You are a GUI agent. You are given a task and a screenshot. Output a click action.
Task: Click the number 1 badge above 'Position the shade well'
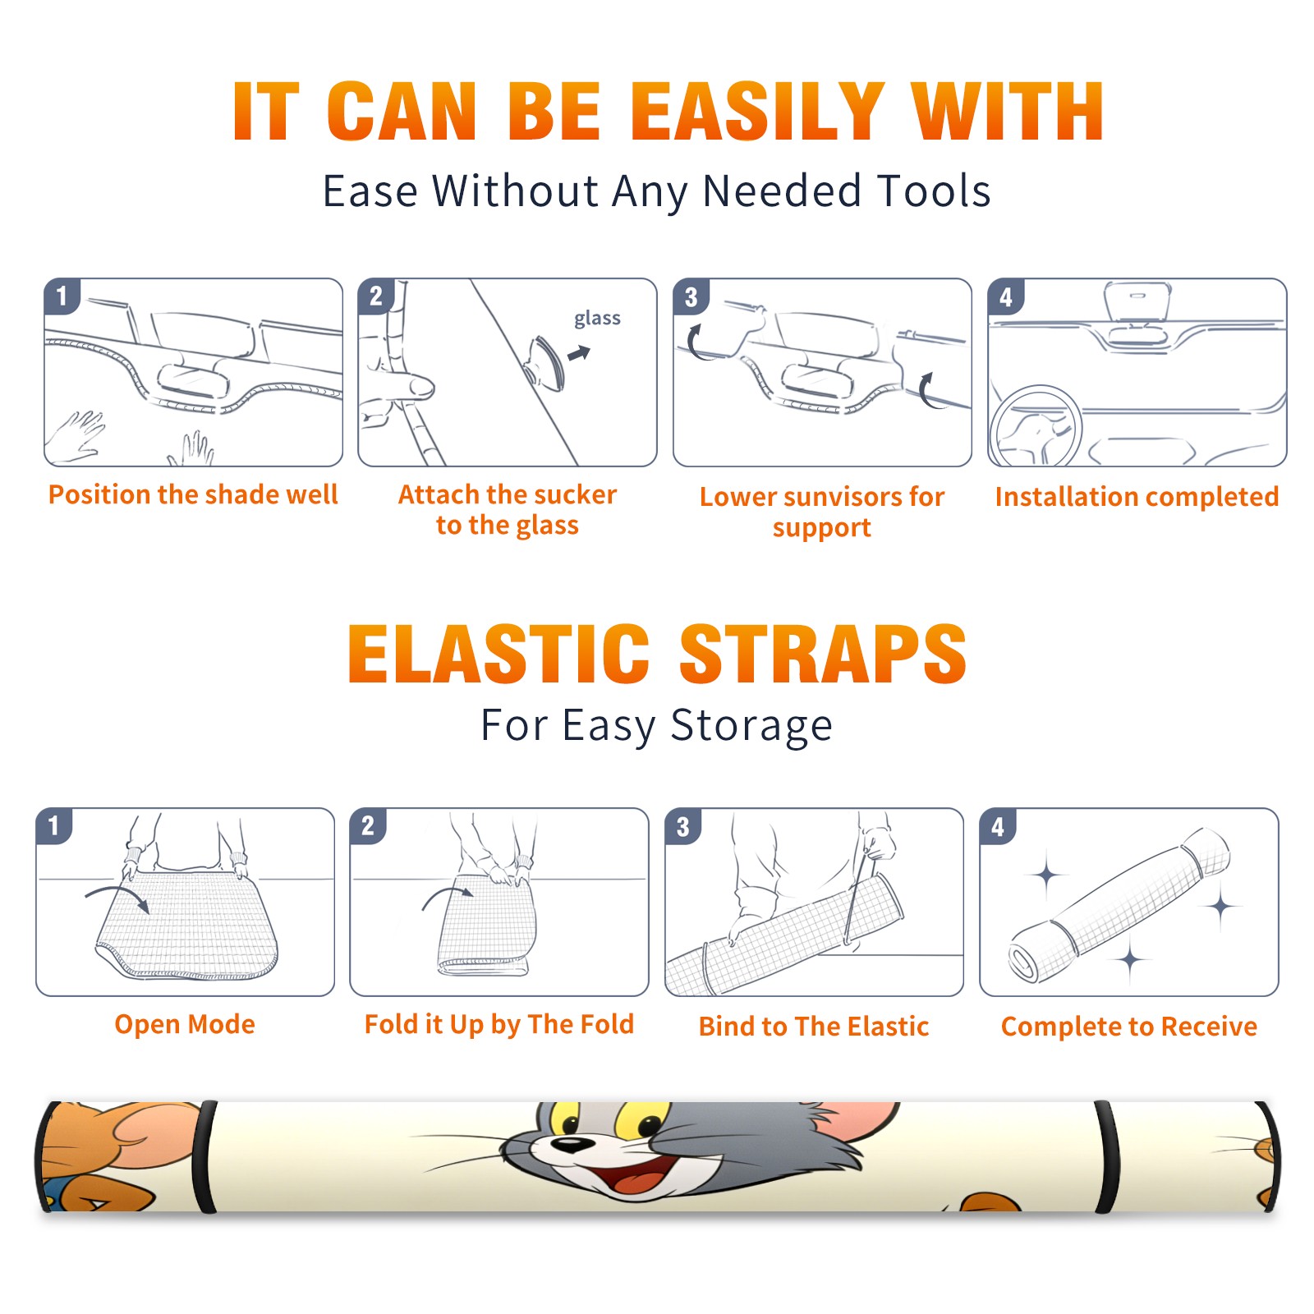coord(62,296)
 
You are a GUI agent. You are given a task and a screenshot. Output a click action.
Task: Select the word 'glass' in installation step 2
coord(597,319)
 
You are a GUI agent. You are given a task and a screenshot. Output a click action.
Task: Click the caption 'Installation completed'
coord(1137,497)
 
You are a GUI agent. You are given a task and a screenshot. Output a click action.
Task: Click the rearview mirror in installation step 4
coord(1137,302)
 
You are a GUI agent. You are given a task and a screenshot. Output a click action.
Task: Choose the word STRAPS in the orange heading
coord(823,654)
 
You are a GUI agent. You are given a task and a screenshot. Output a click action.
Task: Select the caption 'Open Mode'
coord(185,1024)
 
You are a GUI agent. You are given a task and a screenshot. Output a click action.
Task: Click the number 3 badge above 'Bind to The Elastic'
coord(682,826)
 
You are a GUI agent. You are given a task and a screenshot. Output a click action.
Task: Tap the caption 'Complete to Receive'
coord(1129,1027)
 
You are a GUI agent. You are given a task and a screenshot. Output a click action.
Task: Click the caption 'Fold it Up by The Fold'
coord(499,1025)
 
